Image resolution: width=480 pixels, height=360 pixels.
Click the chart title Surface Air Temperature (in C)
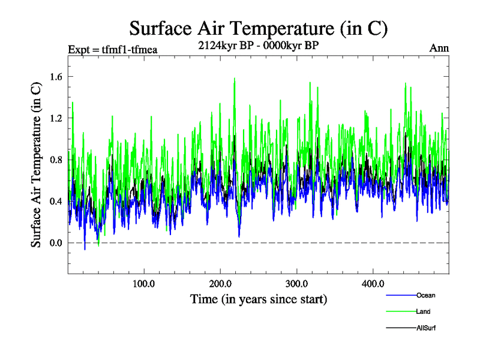point(259,28)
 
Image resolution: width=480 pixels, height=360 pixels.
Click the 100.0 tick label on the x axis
point(144,283)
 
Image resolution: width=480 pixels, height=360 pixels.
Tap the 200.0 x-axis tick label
point(221,283)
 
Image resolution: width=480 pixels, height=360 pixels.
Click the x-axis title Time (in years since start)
point(259,299)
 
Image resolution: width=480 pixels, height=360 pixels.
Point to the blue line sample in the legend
point(400,295)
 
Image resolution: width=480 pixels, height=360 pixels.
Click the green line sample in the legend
point(400,311)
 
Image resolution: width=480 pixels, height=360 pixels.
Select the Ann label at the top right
point(439,49)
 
